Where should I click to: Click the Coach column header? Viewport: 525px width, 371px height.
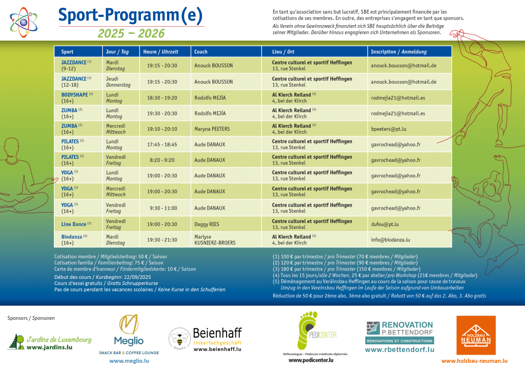point(201,52)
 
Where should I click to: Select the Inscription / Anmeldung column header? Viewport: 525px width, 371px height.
point(399,52)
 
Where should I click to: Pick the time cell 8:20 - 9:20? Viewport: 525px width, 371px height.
point(162,160)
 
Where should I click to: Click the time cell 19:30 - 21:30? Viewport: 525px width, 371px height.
point(162,239)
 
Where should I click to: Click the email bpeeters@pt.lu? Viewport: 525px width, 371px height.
point(389,129)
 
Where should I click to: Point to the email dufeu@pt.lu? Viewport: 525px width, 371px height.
point(385,224)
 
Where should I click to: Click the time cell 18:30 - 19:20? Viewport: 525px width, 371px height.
point(162,97)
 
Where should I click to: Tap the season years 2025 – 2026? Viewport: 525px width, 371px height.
point(131,34)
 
